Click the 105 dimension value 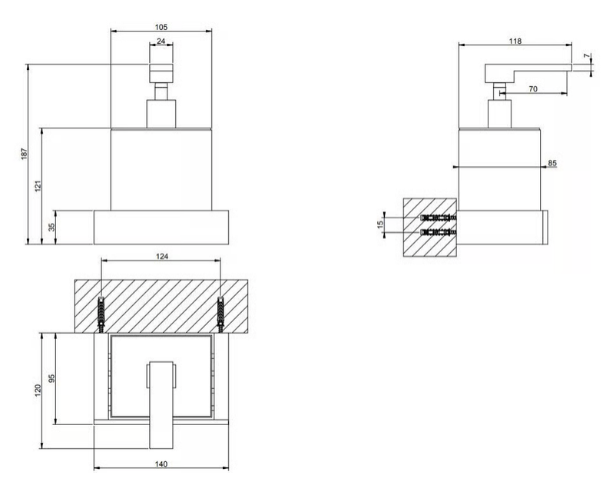tap(161, 27)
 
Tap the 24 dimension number tap(161, 41)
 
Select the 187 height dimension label tap(25, 154)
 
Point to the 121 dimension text tap(38, 185)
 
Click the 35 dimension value tap(52, 228)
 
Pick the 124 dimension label tap(162, 256)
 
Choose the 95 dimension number tap(52, 378)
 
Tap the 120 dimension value tap(38, 391)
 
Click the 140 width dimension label tap(161, 464)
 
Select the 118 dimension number tap(515, 41)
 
